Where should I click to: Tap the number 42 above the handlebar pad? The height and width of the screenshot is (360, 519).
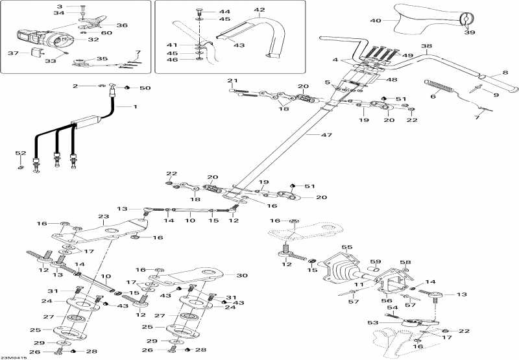[x=259, y=10]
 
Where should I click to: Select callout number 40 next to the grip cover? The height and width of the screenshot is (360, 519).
[x=376, y=21]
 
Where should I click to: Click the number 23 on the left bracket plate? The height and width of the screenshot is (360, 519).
[x=103, y=217]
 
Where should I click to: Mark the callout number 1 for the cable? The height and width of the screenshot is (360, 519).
[x=136, y=106]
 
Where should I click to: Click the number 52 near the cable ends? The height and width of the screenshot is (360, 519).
[x=21, y=153]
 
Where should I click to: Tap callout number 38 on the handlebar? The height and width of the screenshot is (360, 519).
[x=426, y=47]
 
